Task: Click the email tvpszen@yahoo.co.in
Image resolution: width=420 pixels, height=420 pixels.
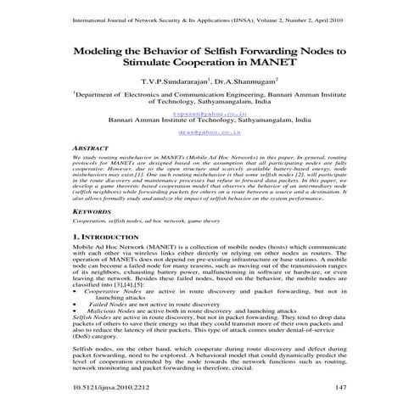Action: coord(209,111)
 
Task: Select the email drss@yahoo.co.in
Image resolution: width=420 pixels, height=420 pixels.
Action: coord(209,133)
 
